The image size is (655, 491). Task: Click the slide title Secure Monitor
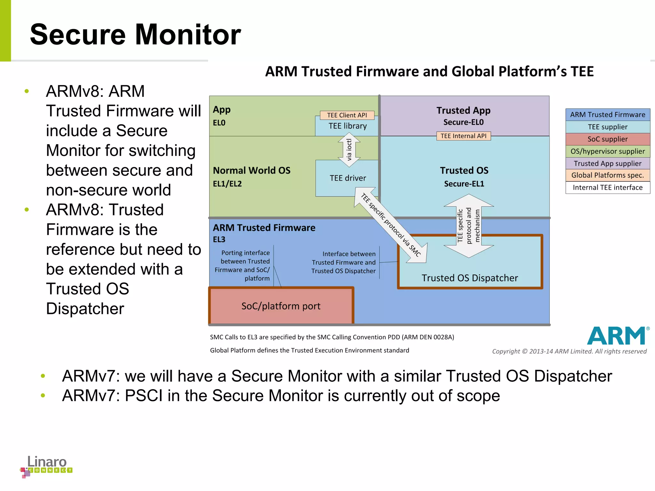coord(135,35)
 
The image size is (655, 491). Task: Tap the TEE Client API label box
coord(347,115)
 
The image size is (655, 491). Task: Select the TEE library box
coord(347,126)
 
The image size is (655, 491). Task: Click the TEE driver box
coord(347,178)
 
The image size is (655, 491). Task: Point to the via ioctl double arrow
coord(349,150)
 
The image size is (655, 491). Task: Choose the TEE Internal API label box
coord(463,136)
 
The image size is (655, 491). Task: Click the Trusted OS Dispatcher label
coord(470,278)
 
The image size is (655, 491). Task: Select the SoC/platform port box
coord(281,306)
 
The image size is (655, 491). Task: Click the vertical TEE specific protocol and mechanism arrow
coord(469,226)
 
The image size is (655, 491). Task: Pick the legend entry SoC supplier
coord(607,139)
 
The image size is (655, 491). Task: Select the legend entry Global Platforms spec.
coord(607,175)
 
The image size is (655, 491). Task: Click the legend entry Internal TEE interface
coord(607,187)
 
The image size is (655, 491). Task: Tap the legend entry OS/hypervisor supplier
coord(607,151)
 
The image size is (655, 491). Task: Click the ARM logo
coord(617,336)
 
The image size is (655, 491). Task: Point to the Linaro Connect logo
coord(47,466)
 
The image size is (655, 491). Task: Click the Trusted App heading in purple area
coord(463,111)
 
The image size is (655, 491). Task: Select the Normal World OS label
coord(252,170)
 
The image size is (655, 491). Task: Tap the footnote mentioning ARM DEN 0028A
coord(332,337)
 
